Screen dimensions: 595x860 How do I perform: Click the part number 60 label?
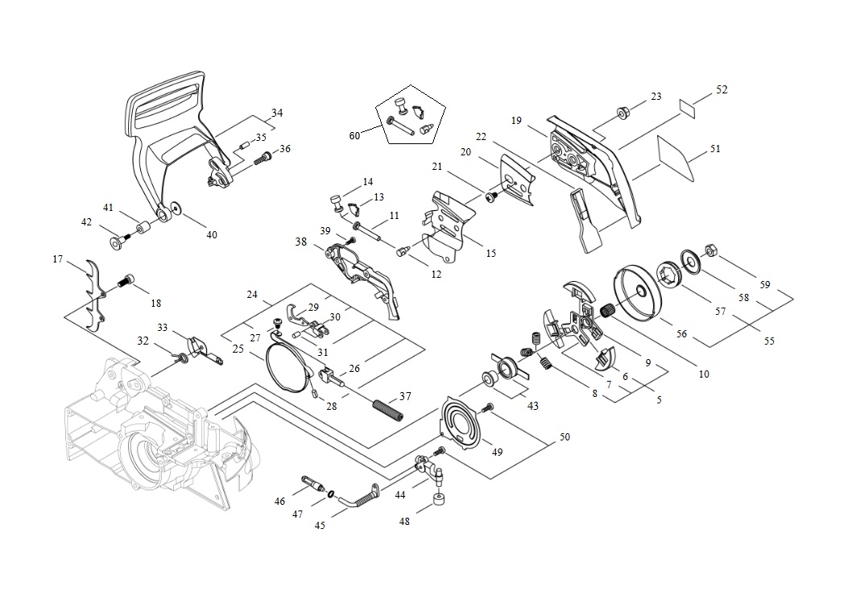pyautogui.click(x=354, y=135)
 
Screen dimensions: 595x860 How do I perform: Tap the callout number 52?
pyautogui.click(x=721, y=90)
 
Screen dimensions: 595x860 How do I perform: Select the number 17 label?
pyautogui.click(x=58, y=259)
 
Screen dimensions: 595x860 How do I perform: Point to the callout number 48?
pyautogui.click(x=404, y=521)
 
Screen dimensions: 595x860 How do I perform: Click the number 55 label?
pyautogui.click(x=769, y=341)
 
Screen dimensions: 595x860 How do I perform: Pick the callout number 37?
pyautogui.click(x=405, y=396)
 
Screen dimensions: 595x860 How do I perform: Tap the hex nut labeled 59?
pyautogui.click(x=711, y=250)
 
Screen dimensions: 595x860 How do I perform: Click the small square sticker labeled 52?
pyautogui.click(x=687, y=106)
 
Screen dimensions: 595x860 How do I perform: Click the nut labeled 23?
pyautogui.click(x=622, y=113)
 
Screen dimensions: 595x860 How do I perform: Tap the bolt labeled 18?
pyautogui.click(x=126, y=281)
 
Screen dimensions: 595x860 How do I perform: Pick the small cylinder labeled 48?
pyautogui.click(x=440, y=503)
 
